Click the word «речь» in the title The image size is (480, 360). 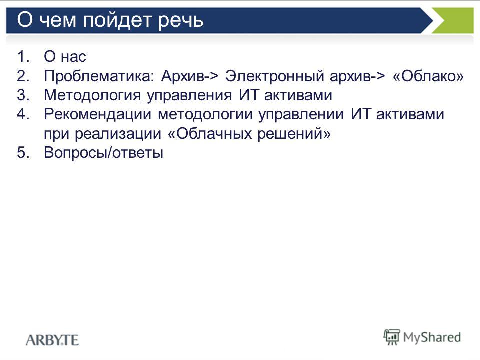point(180,21)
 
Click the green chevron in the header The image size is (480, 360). point(453,21)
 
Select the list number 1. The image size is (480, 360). point(23,56)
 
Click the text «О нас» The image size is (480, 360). point(65,56)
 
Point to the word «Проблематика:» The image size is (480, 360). point(99,76)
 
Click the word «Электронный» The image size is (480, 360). point(274,76)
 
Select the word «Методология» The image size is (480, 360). point(92,95)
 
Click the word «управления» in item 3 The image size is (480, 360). point(189,96)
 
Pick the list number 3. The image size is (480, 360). point(23,95)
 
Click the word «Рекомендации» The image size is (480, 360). point(97,115)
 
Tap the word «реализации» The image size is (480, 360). point(118,134)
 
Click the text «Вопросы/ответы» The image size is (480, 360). point(103,153)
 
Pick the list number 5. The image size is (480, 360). point(23,153)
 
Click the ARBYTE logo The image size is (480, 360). point(52,340)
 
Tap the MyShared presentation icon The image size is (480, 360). point(392,337)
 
